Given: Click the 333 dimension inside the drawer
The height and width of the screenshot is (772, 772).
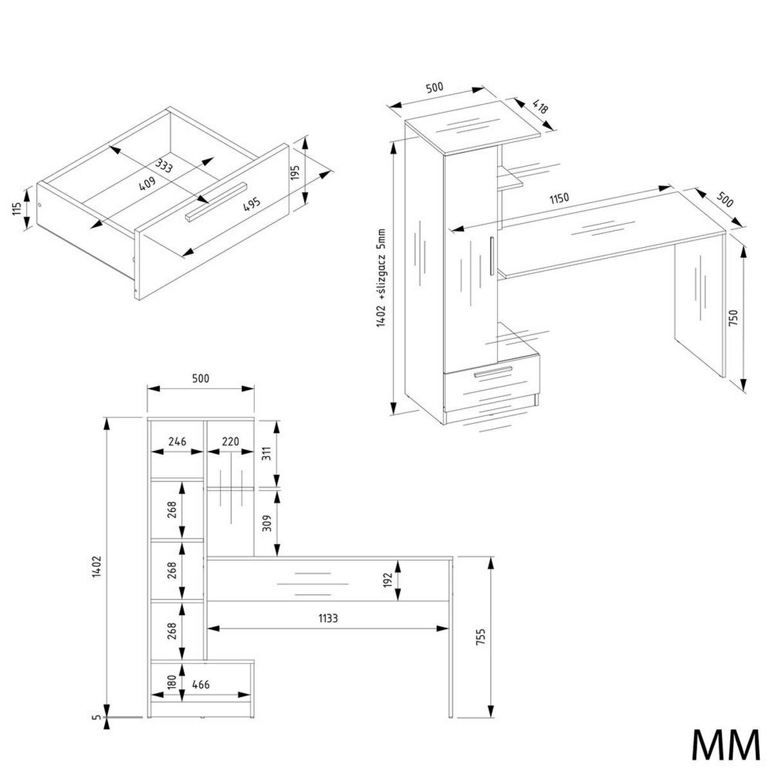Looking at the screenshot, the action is click(164, 165).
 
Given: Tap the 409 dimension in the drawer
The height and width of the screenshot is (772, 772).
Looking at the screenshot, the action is click(147, 184).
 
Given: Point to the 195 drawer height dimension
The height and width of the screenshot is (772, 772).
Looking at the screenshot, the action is click(295, 172).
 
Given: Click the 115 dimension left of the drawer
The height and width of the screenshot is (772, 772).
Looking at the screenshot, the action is click(17, 209).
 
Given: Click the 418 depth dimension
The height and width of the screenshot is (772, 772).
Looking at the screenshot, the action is click(540, 107).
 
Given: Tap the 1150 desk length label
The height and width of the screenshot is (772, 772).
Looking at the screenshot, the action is click(559, 199).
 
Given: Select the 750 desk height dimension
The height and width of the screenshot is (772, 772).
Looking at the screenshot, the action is click(733, 318).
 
